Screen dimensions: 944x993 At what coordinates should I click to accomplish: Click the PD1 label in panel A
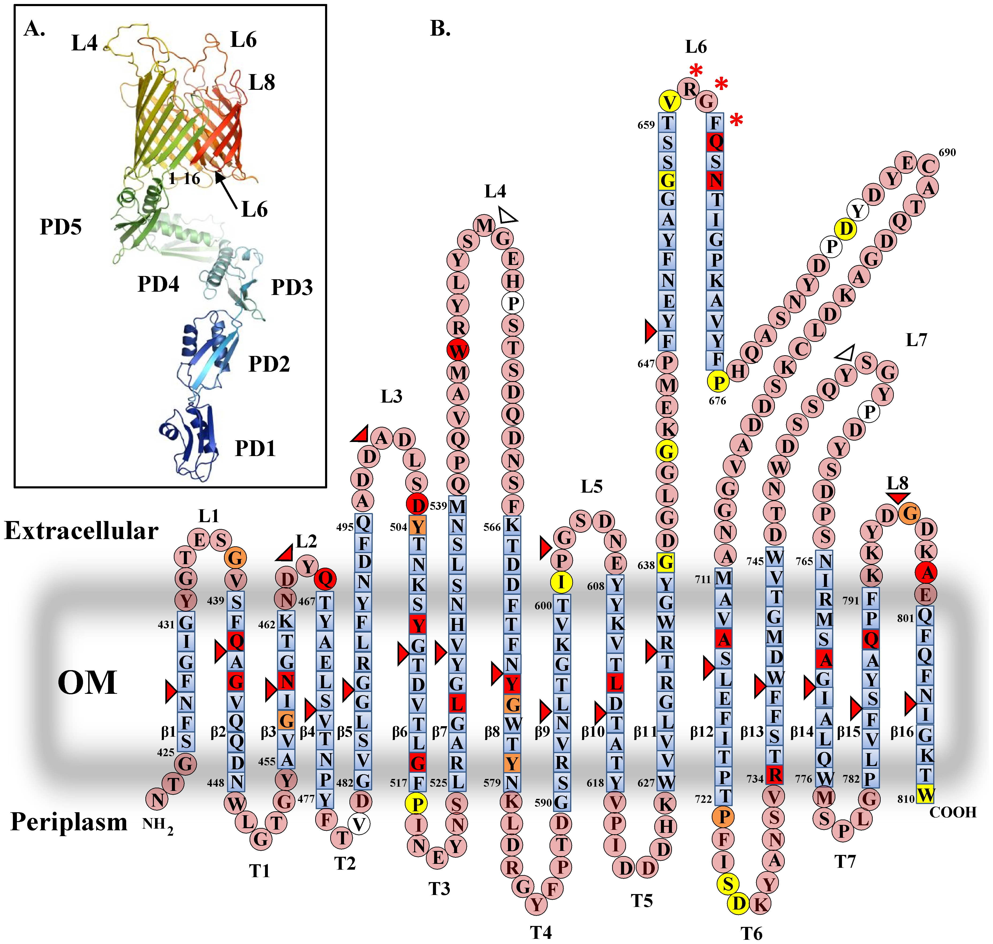tap(255, 448)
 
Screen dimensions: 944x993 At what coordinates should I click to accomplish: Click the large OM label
tap(87, 683)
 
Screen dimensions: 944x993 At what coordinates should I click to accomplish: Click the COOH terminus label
tap(953, 812)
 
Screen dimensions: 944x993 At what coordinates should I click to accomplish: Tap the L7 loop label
tap(916, 340)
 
